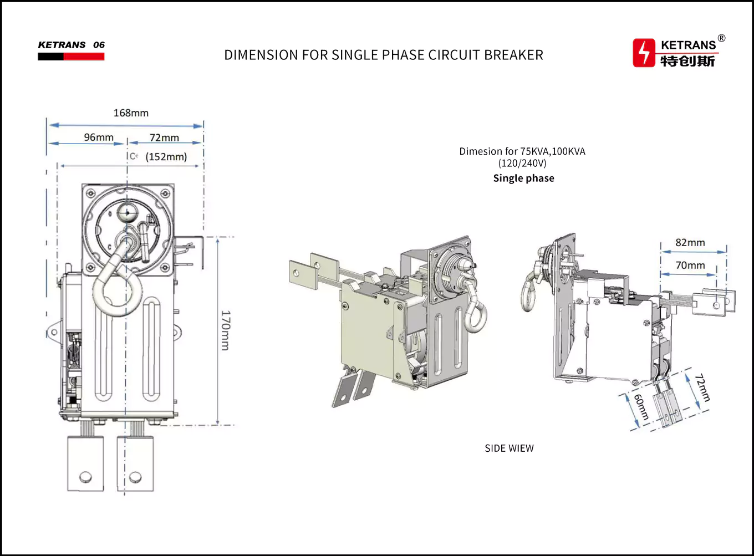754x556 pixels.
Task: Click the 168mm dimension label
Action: pyautogui.click(x=131, y=113)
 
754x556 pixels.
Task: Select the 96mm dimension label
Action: pyautogui.click(x=99, y=137)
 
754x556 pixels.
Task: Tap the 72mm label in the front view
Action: pyautogui.click(x=164, y=138)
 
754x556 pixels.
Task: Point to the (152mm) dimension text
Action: pyautogui.click(x=166, y=157)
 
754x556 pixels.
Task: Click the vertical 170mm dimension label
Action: pyautogui.click(x=225, y=330)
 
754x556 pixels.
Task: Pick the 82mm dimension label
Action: pyautogui.click(x=690, y=243)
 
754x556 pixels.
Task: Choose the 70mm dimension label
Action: pyautogui.click(x=690, y=266)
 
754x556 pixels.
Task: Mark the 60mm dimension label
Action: pyautogui.click(x=641, y=407)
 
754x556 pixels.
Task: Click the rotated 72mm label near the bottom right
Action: pyautogui.click(x=702, y=387)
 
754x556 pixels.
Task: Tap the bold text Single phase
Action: pyautogui.click(x=523, y=178)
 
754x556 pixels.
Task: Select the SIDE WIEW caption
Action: pyautogui.click(x=509, y=448)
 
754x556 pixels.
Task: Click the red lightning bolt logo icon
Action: pyautogui.click(x=644, y=53)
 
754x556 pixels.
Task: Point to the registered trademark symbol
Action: pyautogui.click(x=721, y=38)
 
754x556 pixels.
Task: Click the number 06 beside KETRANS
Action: pyautogui.click(x=99, y=45)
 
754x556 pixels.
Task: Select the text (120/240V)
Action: pyautogui.click(x=522, y=164)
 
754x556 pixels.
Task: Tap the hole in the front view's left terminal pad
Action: pyautogui.click(x=85, y=476)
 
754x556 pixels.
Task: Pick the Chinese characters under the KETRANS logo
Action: pyautogui.click(x=687, y=61)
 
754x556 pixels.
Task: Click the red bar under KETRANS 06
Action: pyautogui.click(x=84, y=57)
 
